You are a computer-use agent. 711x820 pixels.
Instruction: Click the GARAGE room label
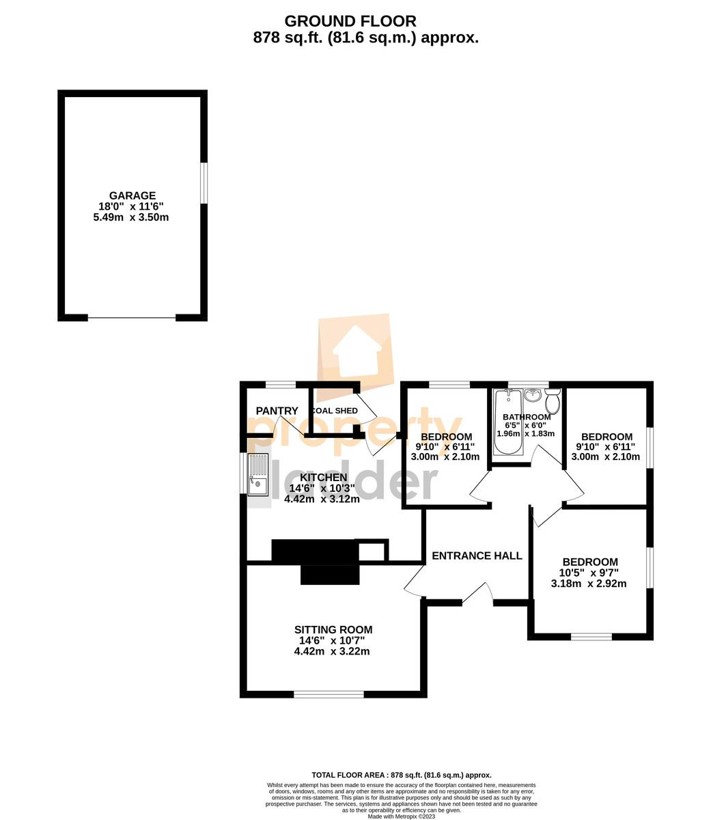[x=133, y=195]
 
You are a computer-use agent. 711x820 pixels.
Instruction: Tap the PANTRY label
[x=277, y=411]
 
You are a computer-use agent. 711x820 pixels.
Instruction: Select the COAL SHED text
[x=335, y=411]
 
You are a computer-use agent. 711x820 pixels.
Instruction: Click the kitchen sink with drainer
[x=258, y=474]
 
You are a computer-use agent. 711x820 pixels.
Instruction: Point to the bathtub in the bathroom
[x=507, y=421]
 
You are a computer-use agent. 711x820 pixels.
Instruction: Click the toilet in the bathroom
[x=553, y=401]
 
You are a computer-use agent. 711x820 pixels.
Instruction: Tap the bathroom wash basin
[x=533, y=395]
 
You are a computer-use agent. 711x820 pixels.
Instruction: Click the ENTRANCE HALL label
[x=477, y=556]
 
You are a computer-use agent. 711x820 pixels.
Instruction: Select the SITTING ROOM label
[x=333, y=629]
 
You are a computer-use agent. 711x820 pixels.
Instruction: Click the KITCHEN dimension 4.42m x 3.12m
[x=322, y=499]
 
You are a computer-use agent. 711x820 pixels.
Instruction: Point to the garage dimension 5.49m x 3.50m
[x=131, y=217]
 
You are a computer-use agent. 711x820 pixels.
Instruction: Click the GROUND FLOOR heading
[x=350, y=20]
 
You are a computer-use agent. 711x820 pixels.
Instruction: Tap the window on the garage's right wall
[x=204, y=182]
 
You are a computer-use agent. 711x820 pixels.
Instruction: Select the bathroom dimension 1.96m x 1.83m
[x=525, y=433]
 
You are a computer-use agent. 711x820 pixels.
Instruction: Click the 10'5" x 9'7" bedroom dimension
[x=589, y=573]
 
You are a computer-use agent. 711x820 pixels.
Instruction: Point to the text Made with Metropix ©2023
[x=402, y=817]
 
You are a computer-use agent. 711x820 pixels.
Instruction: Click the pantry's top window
[x=281, y=385]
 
